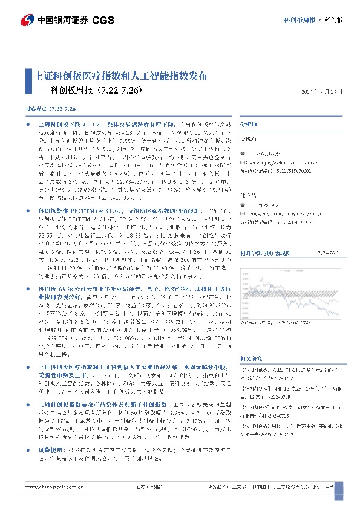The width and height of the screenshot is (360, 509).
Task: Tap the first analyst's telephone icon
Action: [243, 154]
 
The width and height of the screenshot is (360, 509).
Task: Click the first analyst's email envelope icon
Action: [243, 162]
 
